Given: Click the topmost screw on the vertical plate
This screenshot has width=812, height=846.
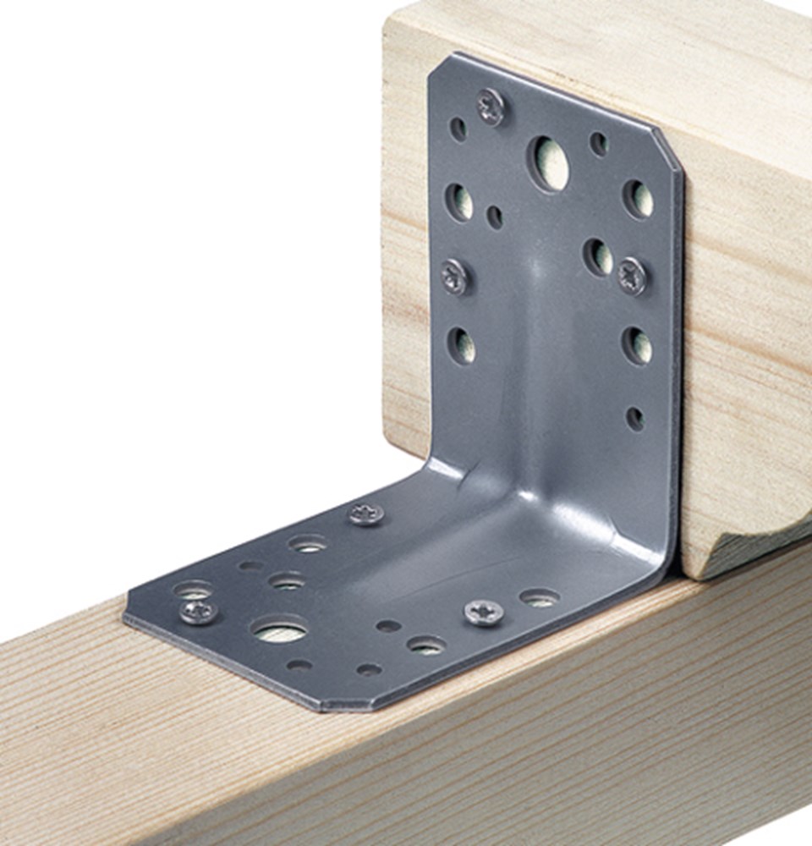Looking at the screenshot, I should [x=491, y=107].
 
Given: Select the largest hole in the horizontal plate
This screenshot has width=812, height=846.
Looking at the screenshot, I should [x=279, y=630].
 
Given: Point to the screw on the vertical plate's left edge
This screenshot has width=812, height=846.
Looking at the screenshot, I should [x=455, y=277].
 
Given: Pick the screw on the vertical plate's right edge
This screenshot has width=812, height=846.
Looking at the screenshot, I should [x=633, y=276].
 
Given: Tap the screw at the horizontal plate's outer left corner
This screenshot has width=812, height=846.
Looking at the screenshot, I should [x=198, y=611].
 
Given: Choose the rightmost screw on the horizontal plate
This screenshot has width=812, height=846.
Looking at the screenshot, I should [x=484, y=612].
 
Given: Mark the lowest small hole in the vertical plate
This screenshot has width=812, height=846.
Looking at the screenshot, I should [x=634, y=418].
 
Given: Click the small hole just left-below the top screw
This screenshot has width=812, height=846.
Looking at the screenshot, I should [x=458, y=129].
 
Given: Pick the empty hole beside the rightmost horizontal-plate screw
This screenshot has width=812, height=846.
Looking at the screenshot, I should [x=539, y=598].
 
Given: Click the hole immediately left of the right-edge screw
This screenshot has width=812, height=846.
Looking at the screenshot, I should [x=598, y=256].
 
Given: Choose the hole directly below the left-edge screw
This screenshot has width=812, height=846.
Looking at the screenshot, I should [x=461, y=345].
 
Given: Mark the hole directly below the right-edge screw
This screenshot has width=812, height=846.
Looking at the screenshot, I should [x=637, y=345].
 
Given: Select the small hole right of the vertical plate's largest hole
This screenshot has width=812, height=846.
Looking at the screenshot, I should [x=598, y=143].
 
